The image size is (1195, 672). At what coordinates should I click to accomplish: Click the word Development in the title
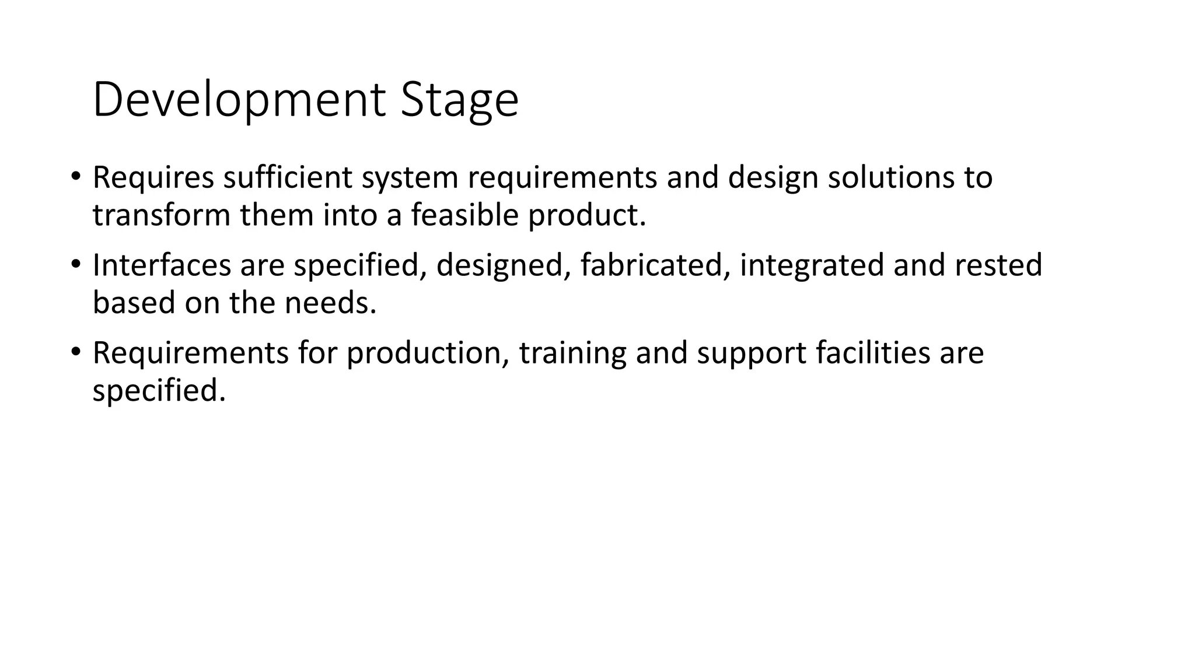pos(239,100)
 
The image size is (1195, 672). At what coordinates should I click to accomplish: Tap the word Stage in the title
pos(459,100)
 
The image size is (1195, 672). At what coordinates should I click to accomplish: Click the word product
pos(587,216)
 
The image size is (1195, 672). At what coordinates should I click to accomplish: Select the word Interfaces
pos(162,265)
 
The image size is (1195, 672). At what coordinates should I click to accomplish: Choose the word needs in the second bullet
pos(330,303)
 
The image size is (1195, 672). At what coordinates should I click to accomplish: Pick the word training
pos(572,353)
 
